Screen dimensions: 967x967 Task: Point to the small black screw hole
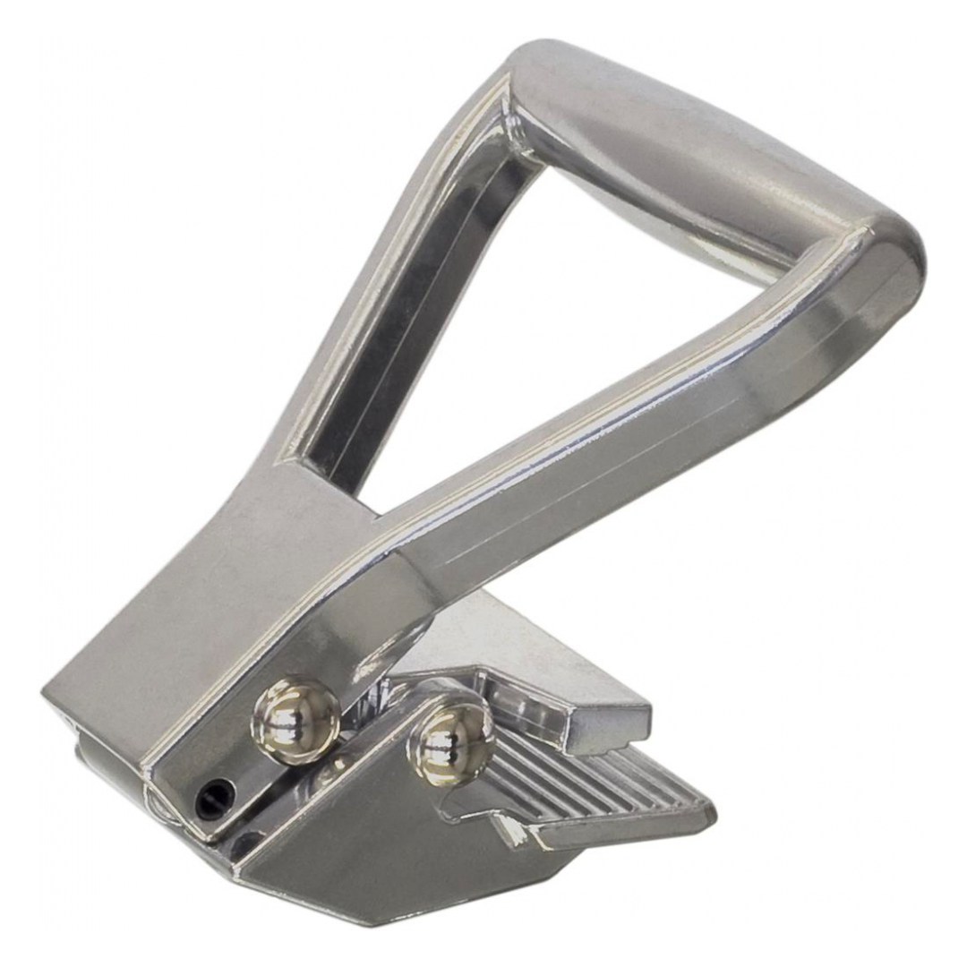(215, 796)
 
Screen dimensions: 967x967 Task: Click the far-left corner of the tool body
(49, 694)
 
